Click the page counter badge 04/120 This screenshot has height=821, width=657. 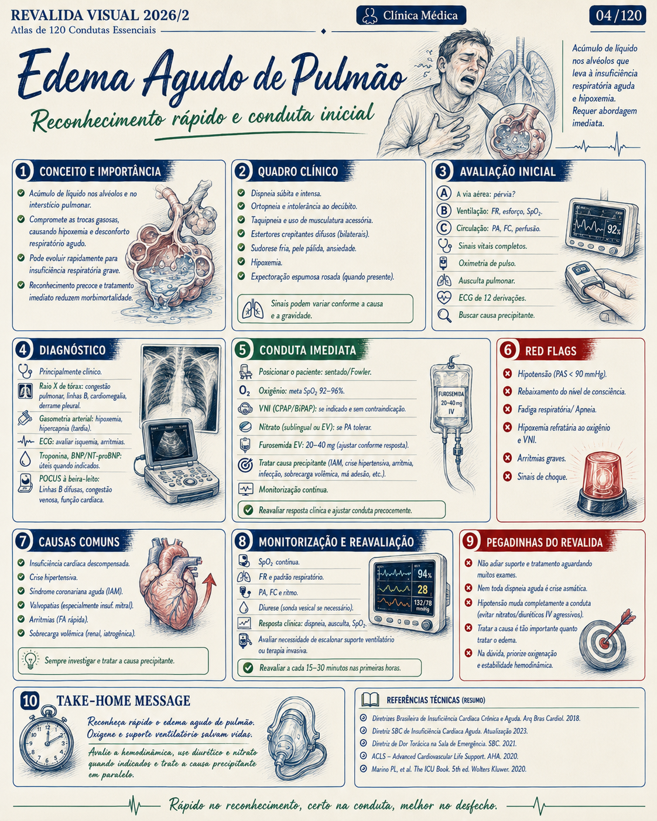point(617,15)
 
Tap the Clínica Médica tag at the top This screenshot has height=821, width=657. point(411,15)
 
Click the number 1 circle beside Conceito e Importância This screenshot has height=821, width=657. point(23,171)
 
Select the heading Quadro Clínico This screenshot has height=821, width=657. point(298,172)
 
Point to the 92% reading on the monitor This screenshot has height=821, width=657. point(614,230)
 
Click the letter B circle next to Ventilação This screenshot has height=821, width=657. point(444,211)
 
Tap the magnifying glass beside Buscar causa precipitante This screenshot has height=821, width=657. point(444,315)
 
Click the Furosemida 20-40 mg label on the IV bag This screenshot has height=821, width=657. point(451,402)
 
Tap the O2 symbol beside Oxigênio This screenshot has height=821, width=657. point(245,391)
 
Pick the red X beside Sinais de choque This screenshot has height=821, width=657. point(507,476)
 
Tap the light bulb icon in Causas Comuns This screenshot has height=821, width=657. point(30,660)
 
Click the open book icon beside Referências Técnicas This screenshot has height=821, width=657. point(370,700)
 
